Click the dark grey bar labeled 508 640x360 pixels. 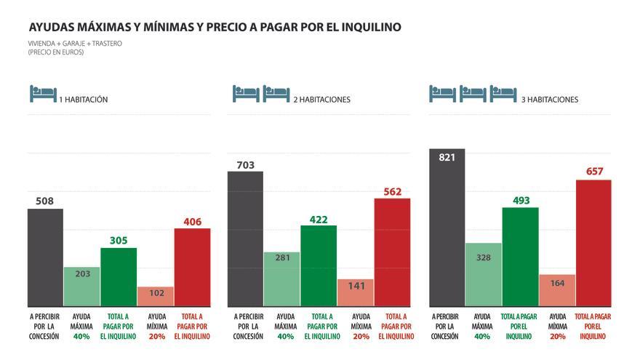tap(45, 257)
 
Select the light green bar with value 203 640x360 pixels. tap(81, 287)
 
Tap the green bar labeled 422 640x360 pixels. tap(319, 265)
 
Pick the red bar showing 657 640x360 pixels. tap(593, 243)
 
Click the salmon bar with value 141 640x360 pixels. tap(355, 292)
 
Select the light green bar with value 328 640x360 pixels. tap(483, 274)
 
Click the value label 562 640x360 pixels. tap(392, 192)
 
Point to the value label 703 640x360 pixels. tap(245, 165)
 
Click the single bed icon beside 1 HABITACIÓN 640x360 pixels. tap(43, 94)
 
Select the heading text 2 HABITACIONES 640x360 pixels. tap(321, 100)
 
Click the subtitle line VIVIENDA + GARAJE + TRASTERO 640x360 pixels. tap(75, 44)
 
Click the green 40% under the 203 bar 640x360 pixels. tap(81, 337)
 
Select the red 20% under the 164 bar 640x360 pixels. tap(557, 337)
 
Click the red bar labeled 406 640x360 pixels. tap(192, 267)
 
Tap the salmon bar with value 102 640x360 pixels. tap(155, 296)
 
